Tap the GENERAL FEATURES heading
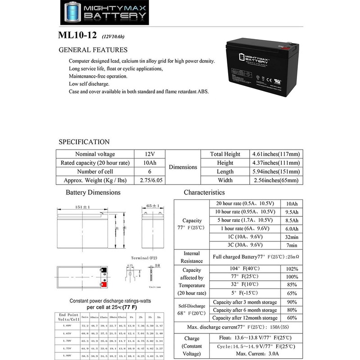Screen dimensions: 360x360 93,50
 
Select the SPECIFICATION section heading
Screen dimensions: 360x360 85,142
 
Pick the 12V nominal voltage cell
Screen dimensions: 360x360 149,154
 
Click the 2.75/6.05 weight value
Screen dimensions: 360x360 149,180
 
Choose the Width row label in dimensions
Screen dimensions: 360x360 225,180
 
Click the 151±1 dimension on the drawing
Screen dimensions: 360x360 83,207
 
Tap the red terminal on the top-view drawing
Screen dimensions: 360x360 104,284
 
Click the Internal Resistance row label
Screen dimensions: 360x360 192,257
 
